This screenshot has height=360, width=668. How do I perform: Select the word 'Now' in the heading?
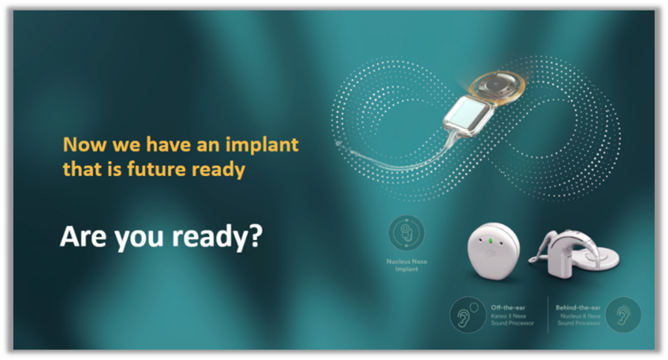pos(79,144)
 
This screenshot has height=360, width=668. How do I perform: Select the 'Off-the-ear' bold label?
pos(506,307)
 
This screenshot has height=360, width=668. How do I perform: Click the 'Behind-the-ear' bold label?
pos(577,307)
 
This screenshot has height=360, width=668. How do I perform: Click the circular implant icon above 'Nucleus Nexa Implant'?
pos(406,233)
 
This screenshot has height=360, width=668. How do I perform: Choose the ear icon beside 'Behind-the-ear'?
pos(623,315)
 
